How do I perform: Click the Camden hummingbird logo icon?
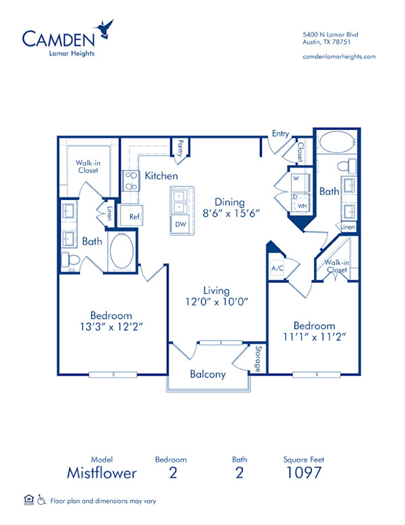pyautogui.click(x=105, y=29)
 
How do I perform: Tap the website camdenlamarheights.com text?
pyautogui.click(x=339, y=57)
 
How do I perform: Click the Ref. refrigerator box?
pyautogui.click(x=134, y=217)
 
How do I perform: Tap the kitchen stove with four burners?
pyautogui.click(x=130, y=182)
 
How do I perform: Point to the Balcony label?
pyautogui.click(x=207, y=374)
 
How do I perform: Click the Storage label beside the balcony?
pyautogui.click(x=257, y=359)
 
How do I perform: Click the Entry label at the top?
pyautogui.click(x=280, y=134)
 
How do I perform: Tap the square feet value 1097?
pyautogui.click(x=304, y=473)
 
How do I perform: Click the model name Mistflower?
pyautogui.click(x=101, y=473)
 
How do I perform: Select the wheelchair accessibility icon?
pyautogui.click(x=41, y=500)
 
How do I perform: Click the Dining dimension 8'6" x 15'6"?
pyautogui.click(x=229, y=214)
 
